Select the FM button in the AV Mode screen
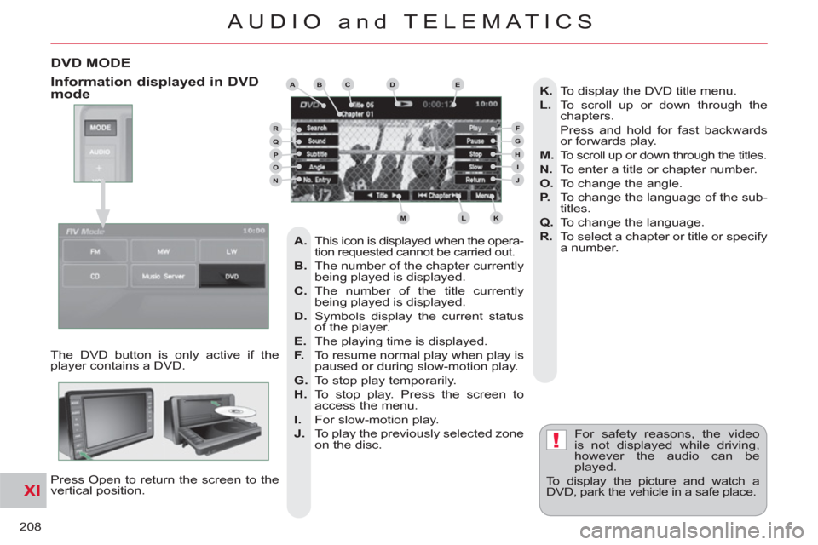pos(93,251)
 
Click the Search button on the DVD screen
pos(318,128)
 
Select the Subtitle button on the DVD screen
pos(318,154)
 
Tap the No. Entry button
pos(318,181)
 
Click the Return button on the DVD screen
pos(476,180)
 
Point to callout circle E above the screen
pos(458,84)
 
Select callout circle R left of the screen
pos(275,129)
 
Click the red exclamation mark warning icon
pos(555,440)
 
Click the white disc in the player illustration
pos(233,413)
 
